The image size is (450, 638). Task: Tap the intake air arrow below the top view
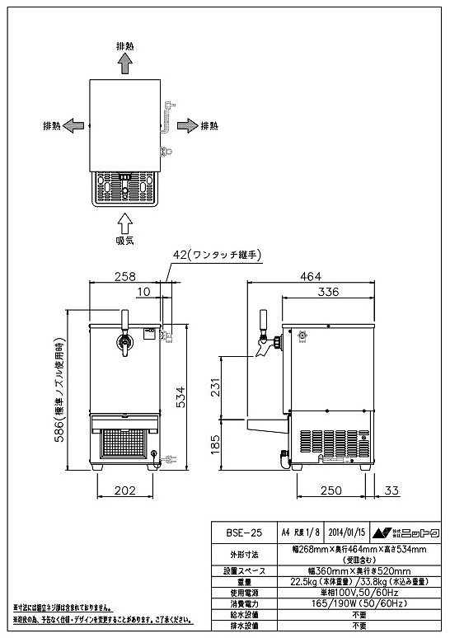pos(124,220)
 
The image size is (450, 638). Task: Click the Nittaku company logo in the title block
pos(408,533)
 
